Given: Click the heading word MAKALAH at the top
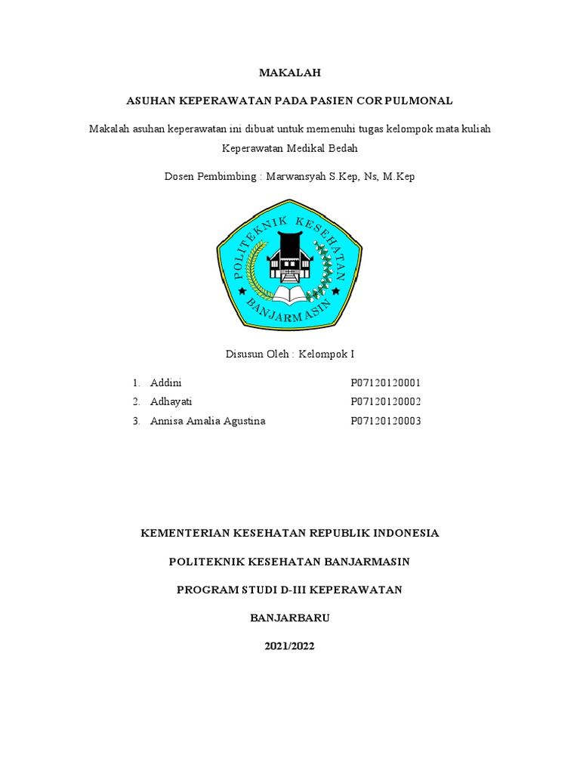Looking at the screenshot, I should [290, 73].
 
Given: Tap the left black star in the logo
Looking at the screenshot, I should [242, 290].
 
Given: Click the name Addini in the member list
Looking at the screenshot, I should [166, 382].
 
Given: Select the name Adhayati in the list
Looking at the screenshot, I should [171, 401].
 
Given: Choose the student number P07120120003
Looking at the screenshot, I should [385, 421].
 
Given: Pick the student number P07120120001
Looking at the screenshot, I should [385, 382].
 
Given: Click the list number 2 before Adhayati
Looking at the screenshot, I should [135, 401].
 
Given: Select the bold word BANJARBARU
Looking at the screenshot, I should [290, 618].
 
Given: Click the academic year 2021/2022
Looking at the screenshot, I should [290, 646].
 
